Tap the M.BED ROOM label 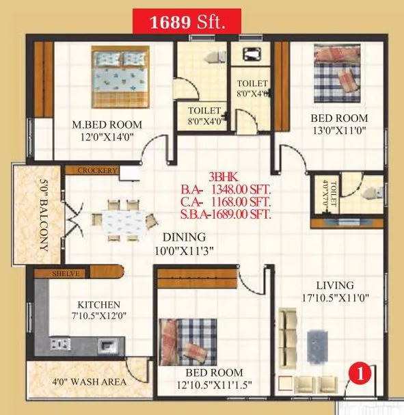[x=108, y=124]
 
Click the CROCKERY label [x=97, y=170]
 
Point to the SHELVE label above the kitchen [x=67, y=273]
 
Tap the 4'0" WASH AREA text [x=85, y=381]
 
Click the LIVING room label [x=334, y=285]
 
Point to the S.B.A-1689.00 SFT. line [x=226, y=214]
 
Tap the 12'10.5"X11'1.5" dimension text [x=215, y=385]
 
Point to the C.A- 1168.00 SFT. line [x=226, y=202]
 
